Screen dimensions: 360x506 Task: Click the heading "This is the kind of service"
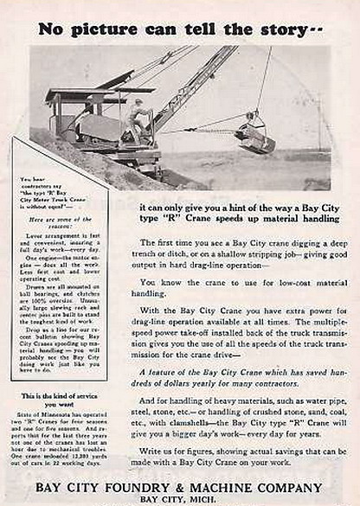(59, 395)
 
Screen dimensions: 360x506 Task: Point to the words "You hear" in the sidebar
(31, 179)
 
